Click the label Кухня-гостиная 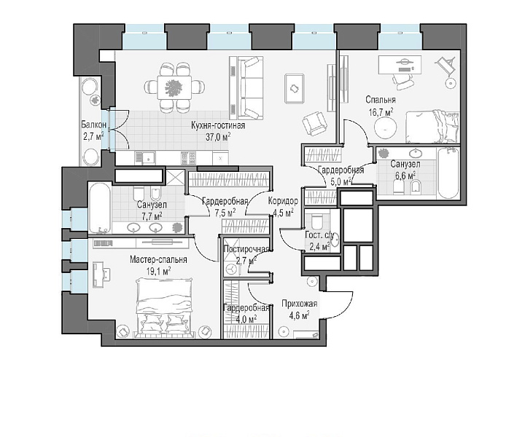[x=218, y=125]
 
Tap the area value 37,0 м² [x=219, y=136]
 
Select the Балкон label [x=94, y=125]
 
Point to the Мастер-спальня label [x=158, y=259]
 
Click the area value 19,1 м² [x=159, y=270]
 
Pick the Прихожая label [x=300, y=304]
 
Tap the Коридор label [x=283, y=201]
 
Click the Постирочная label [x=246, y=249]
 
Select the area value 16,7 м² [x=381, y=111]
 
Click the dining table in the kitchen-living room [x=174, y=87]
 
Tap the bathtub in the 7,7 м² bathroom [x=99, y=208]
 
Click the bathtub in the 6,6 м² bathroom [x=448, y=173]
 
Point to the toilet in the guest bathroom [x=316, y=221]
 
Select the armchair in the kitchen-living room [x=314, y=124]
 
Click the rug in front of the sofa [x=295, y=88]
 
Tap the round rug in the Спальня [x=386, y=129]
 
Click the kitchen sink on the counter [x=144, y=157]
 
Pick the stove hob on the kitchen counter [x=188, y=158]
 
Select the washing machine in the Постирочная [x=231, y=269]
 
